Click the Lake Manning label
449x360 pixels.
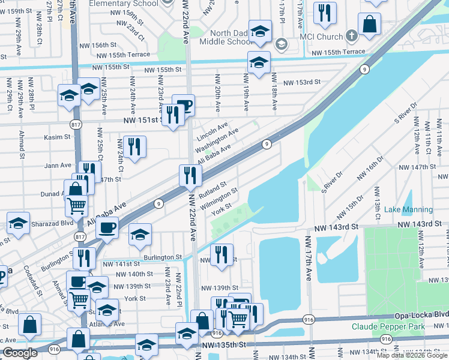coord(408,209)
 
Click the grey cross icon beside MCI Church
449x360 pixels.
coord(352,35)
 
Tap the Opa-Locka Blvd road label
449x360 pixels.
coord(421,315)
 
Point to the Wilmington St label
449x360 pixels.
coord(219,199)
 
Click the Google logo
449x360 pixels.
coord(20,353)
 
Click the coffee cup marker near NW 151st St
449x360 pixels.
coord(184,106)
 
